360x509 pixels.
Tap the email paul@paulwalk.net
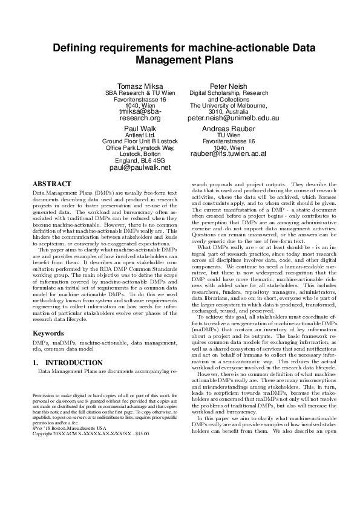click(140, 167)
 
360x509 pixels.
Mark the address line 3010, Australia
click(229, 112)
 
